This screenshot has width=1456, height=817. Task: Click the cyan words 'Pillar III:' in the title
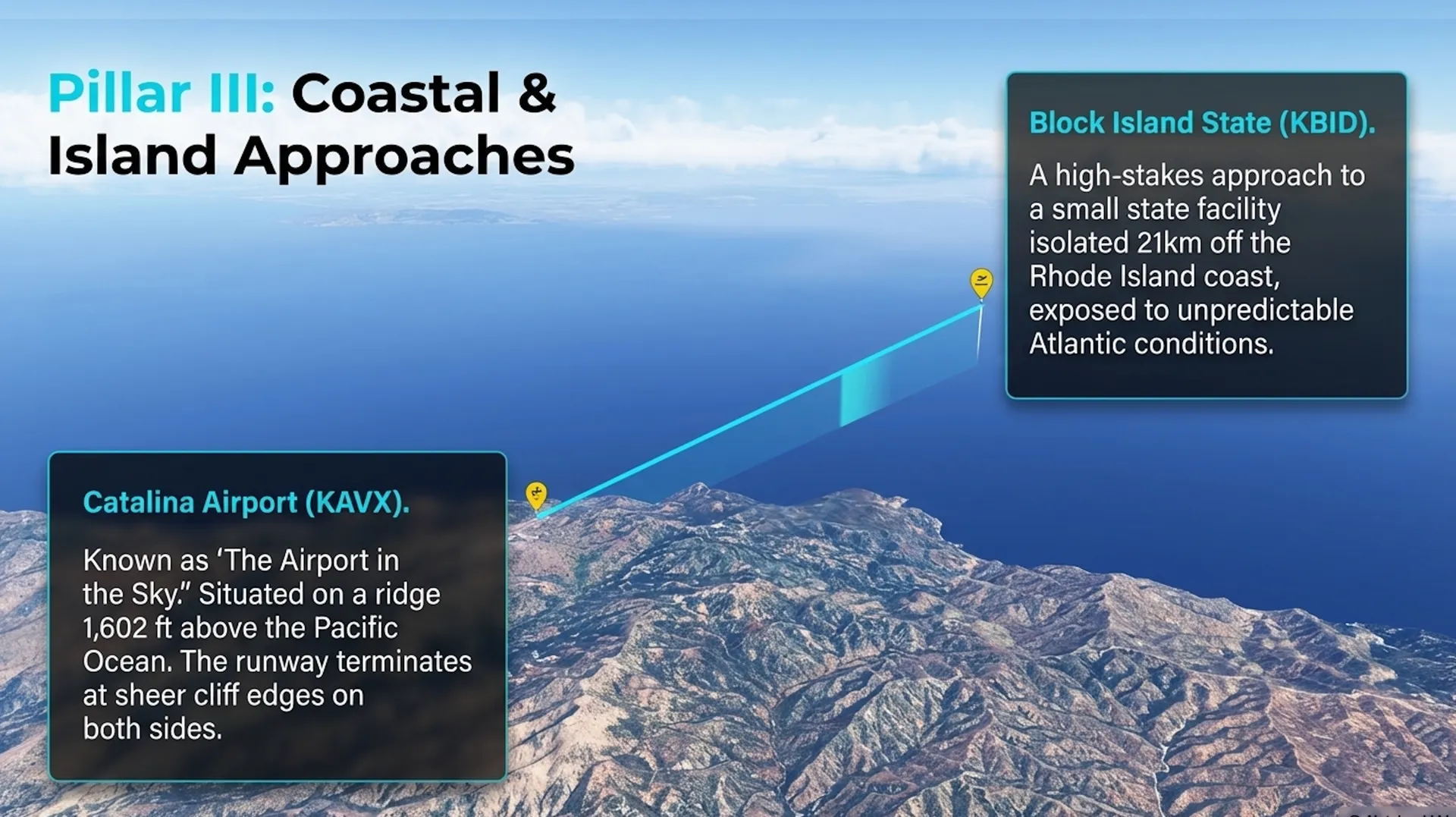click(x=162, y=93)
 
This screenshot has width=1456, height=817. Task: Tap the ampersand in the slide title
click(x=537, y=93)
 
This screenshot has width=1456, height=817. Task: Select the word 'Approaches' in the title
click(x=404, y=157)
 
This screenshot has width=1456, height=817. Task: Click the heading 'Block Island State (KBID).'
click(x=1202, y=123)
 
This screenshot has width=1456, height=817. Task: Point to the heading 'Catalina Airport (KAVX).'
click(x=246, y=503)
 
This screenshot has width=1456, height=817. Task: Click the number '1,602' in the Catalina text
click(x=115, y=628)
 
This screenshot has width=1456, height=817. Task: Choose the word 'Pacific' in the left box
click(x=356, y=628)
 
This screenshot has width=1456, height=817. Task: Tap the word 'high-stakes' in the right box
click(x=1130, y=176)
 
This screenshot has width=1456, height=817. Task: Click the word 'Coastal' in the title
click(x=396, y=93)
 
